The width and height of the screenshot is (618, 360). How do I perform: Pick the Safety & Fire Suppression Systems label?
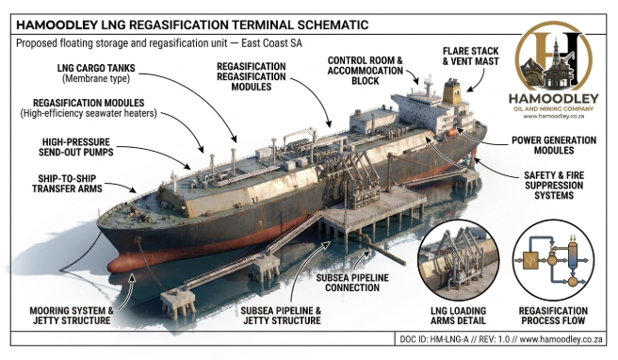551,186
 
